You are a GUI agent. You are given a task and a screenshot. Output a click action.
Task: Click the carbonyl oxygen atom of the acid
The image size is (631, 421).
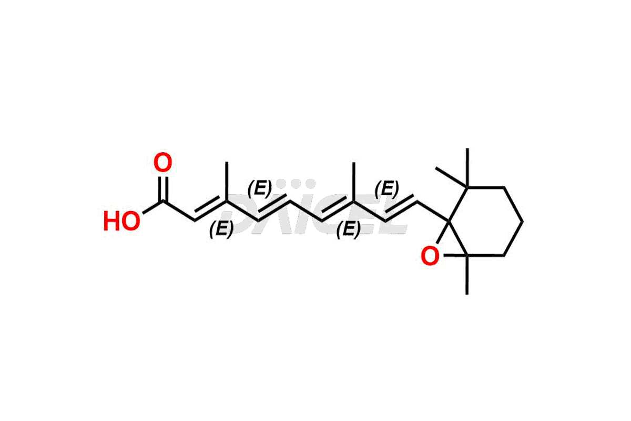pos(162,163)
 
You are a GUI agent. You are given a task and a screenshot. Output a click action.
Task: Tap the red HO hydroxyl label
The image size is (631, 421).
pos(121,222)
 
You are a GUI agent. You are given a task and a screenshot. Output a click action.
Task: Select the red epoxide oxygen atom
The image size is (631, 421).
pos(430,256)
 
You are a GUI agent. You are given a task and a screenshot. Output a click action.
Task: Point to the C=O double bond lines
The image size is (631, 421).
pos(163,189)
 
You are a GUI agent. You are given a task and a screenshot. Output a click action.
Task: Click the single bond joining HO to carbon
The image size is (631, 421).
pos(152,207)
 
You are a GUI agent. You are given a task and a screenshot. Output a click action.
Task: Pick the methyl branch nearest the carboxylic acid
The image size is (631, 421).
pos(227,182)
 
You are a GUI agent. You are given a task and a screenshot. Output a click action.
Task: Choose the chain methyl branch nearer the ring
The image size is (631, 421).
pos(354,182)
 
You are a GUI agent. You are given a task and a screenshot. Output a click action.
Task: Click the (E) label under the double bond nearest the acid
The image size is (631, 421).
pos(221,229)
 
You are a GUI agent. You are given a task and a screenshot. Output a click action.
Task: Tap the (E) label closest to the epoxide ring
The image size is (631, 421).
pos(387,189)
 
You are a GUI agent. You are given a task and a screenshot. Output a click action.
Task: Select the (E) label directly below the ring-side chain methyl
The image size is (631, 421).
pos(349,229)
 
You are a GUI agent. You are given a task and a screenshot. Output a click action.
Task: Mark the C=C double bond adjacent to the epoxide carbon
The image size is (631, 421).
pos(401,209)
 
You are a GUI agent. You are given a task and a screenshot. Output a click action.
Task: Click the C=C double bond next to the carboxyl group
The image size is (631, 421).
pos(210,210)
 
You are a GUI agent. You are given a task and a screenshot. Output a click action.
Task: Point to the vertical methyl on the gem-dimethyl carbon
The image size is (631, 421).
pos(467,167)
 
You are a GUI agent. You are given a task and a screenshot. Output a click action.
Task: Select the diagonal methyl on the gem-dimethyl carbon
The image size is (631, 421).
pos(451,177)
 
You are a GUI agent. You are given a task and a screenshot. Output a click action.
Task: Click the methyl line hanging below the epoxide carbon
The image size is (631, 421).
pos(467,275)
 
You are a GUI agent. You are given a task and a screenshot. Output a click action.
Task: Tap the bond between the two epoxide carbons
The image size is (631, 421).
pos(459,238)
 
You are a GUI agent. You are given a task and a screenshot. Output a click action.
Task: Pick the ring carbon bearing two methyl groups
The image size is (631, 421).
pos(467,187)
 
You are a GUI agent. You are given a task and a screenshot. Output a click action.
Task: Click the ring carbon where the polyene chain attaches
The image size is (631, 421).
pos(449,222)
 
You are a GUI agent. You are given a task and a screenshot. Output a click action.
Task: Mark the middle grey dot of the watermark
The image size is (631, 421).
pos(296,184)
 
